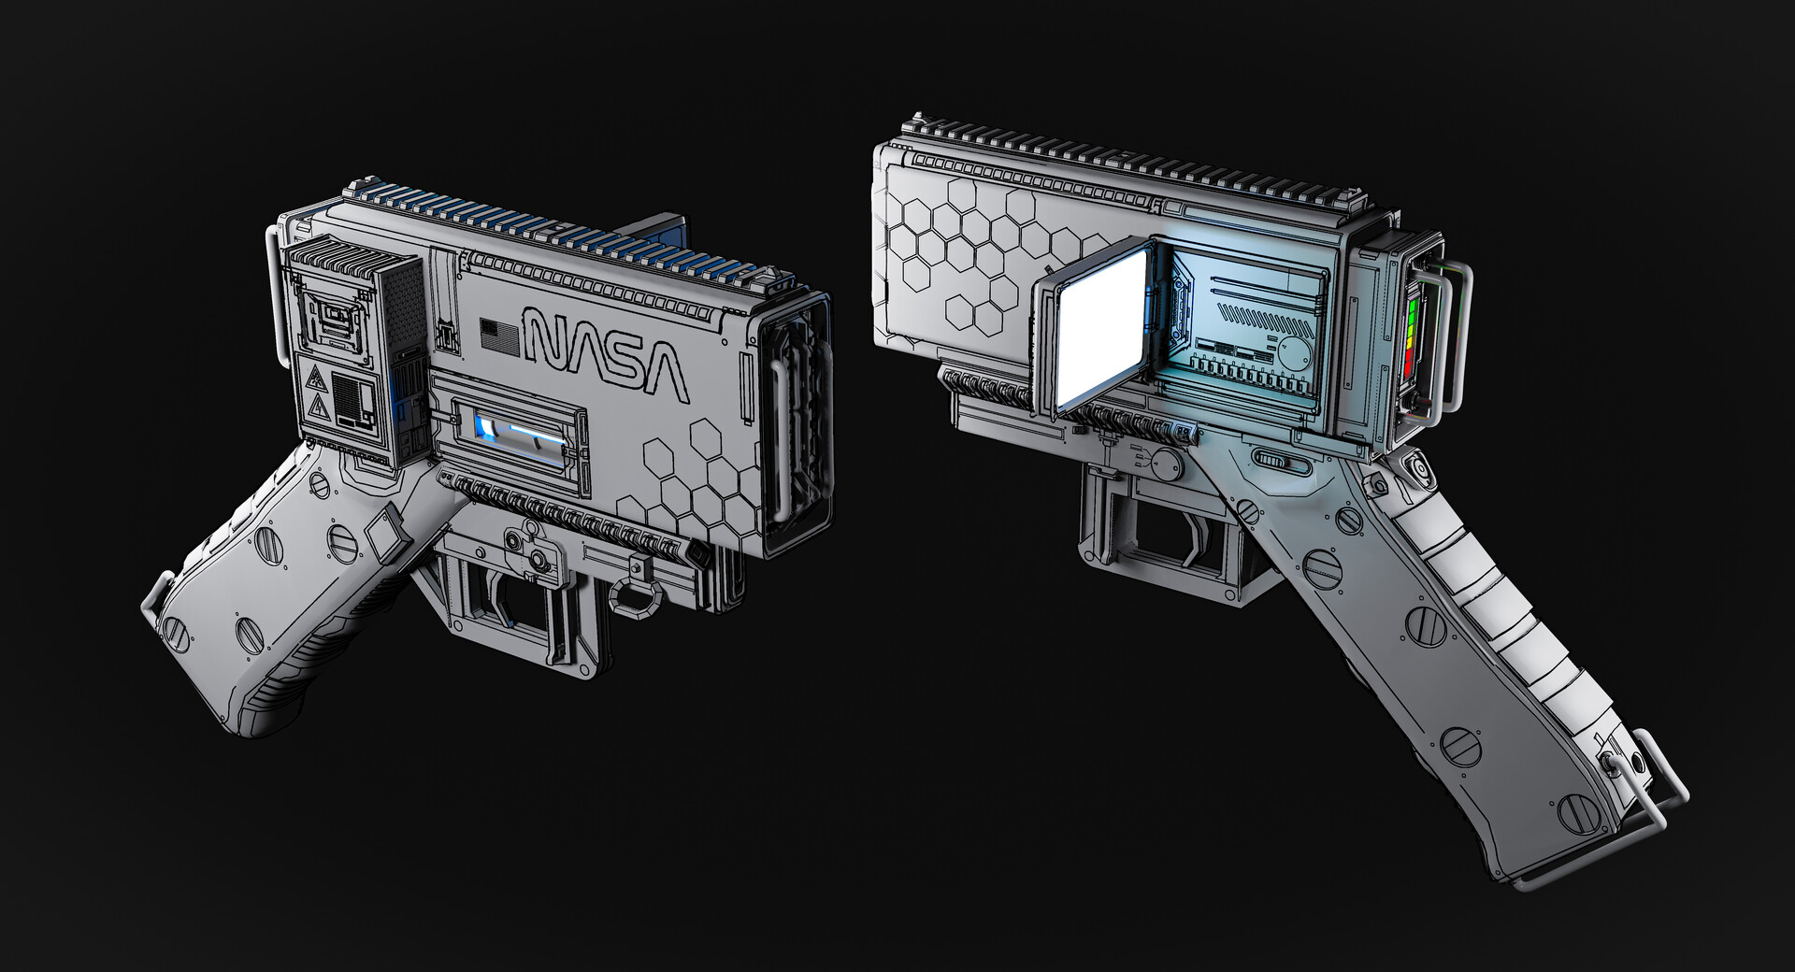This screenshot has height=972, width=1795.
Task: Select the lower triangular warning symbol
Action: click(x=315, y=407)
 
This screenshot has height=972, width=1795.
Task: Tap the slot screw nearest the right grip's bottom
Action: click(x=1577, y=811)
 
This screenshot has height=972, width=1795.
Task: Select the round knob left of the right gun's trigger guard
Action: click(x=1166, y=463)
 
